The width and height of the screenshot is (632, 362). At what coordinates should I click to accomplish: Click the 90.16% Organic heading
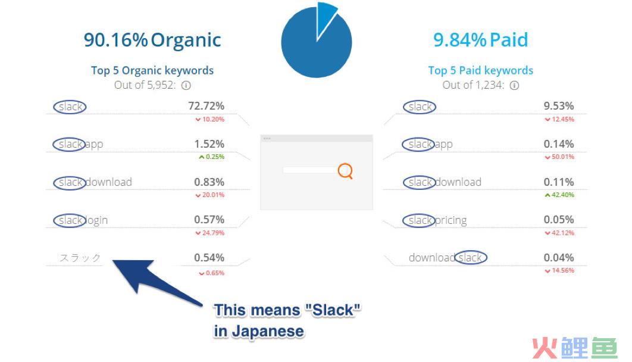[x=152, y=40]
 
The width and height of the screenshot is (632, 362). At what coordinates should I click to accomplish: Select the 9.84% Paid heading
[x=480, y=40]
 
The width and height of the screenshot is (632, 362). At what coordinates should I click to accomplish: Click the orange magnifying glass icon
[x=345, y=171]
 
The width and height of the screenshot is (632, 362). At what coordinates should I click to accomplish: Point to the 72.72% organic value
[x=206, y=106]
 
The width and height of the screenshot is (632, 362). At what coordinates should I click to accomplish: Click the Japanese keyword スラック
[x=80, y=258]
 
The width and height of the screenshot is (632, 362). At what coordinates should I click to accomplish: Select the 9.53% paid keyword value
[x=559, y=106]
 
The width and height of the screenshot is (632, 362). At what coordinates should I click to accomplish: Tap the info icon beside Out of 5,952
[x=186, y=86]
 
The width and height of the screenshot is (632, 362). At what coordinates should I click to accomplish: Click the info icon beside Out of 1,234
[x=514, y=86]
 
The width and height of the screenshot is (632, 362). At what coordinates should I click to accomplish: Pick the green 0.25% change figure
[x=212, y=157]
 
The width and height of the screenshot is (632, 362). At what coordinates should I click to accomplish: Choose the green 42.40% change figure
[x=559, y=195]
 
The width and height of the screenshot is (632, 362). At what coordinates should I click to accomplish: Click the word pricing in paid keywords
[x=451, y=220]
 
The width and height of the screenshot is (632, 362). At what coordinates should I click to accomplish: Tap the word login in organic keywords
[x=96, y=220]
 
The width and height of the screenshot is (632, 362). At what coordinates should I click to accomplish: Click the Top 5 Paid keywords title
[x=480, y=70]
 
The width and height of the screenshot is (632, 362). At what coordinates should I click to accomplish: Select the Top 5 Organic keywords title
[x=152, y=70]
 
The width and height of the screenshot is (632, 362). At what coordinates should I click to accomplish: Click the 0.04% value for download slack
[x=559, y=258]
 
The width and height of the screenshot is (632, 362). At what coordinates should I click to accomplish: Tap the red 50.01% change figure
[x=559, y=157]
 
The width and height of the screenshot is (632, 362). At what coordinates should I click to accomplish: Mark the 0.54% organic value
[x=209, y=258]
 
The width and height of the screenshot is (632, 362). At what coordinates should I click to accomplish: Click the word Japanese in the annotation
[x=268, y=332]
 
